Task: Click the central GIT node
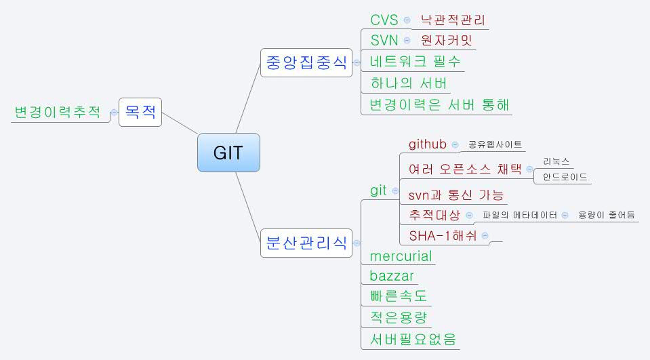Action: (228, 153)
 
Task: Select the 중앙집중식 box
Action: (306, 63)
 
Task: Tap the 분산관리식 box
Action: (306, 243)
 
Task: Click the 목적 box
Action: (141, 112)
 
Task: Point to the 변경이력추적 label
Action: (58, 112)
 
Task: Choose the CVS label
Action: (384, 20)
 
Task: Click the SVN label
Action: (384, 41)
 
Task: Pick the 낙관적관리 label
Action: (453, 20)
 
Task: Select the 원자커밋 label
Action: (447, 41)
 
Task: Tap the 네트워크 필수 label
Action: (415, 62)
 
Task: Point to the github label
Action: (428, 144)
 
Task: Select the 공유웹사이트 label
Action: (495, 145)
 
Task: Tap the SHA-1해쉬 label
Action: (443, 236)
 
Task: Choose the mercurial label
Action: (401, 256)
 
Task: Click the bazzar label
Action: (392, 276)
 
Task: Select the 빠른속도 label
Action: (399, 296)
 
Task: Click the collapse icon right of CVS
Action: (407, 20)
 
